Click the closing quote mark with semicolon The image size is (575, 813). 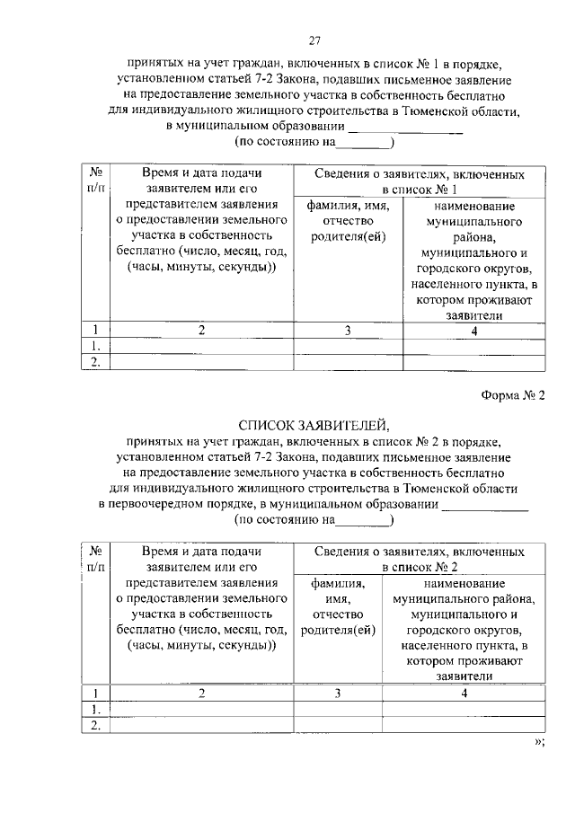click(x=539, y=741)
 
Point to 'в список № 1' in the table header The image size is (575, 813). click(x=420, y=190)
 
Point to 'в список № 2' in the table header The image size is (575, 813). click(x=420, y=568)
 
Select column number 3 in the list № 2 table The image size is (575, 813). click(x=338, y=693)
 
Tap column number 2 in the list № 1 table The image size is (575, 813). click(x=202, y=330)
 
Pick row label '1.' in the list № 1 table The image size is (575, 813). click(x=94, y=346)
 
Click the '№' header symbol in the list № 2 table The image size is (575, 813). click(x=94, y=550)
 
